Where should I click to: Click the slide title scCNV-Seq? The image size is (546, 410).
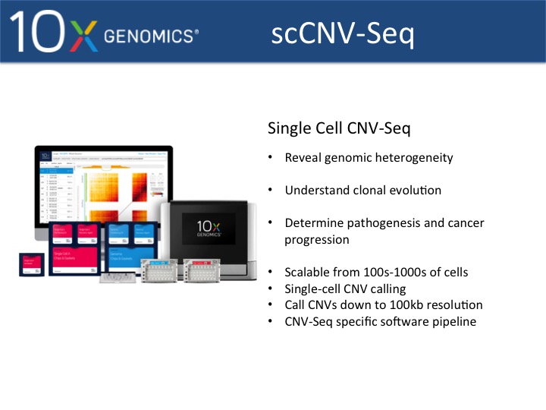click(343, 33)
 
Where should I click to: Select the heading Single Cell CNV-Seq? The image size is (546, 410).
click(339, 128)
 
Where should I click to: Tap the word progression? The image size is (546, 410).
click(317, 240)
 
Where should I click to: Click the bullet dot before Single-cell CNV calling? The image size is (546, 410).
click(270, 289)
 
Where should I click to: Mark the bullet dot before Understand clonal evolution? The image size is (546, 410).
click(270, 191)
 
